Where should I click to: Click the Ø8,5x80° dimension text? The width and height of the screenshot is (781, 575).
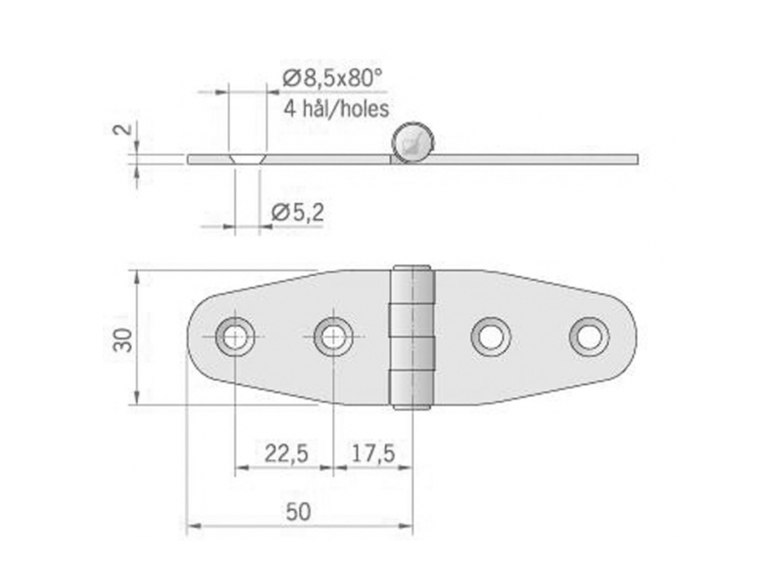coord(331,80)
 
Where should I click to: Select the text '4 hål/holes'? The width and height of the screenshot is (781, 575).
coord(335,108)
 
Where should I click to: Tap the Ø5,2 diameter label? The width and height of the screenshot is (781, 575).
coord(297,213)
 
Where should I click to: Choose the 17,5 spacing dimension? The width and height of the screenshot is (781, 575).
coord(373,452)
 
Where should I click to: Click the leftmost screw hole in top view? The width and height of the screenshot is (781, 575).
coord(235,336)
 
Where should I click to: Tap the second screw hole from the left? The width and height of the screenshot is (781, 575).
coord(333,336)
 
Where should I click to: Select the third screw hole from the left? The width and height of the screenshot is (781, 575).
coord(491,336)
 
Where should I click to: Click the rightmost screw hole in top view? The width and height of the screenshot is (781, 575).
coord(589,336)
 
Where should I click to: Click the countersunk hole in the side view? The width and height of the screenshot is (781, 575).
coord(247,157)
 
